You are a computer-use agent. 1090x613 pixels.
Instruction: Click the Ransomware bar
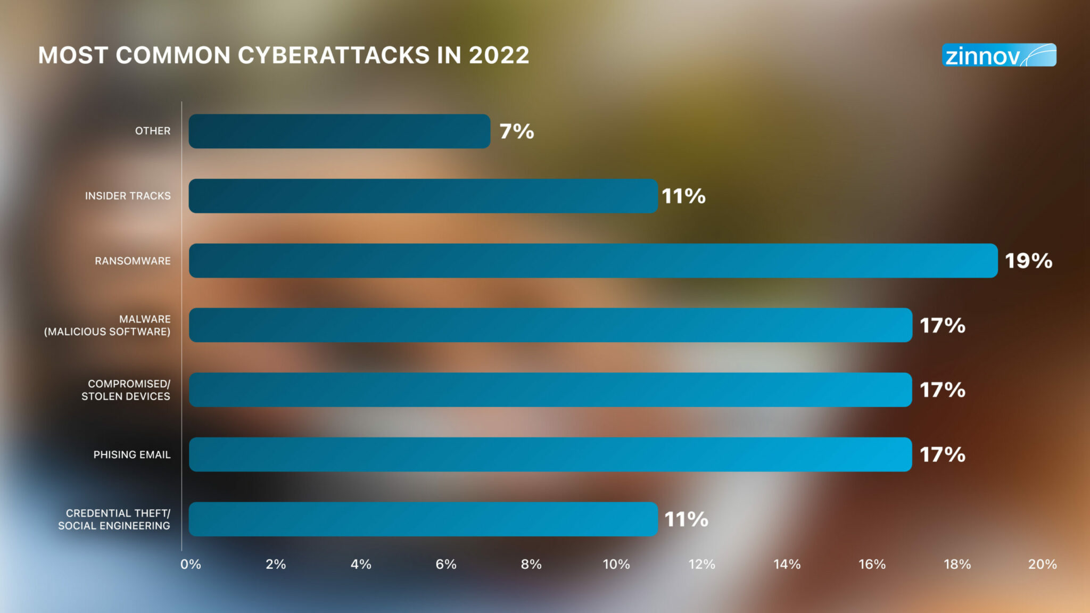point(593,261)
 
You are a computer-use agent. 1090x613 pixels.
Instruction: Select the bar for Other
point(339,131)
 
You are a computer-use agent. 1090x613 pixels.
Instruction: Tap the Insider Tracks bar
point(423,196)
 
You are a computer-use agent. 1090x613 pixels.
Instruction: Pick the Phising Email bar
point(550,454)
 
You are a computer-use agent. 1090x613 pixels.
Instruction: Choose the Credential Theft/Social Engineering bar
point(423,519)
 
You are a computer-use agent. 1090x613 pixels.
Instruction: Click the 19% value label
point(1028,261)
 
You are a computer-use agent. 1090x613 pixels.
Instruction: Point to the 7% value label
point(516,131)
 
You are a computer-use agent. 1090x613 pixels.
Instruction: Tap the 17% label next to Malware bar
point(942,325)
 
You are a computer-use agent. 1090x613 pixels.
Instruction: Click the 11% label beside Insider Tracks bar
point(683,196)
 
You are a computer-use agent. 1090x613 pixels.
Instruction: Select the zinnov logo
point(999,55)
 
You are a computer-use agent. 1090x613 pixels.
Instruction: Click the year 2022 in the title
point(499,55)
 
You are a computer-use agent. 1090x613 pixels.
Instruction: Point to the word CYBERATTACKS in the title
point(334,55)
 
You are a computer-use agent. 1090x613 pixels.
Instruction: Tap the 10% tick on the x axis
point(616,564)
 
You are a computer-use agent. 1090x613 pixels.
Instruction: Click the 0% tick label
point(191,564)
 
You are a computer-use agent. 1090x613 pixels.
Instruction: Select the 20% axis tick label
point(1042,564)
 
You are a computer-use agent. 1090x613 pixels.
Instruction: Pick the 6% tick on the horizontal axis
point(446,564)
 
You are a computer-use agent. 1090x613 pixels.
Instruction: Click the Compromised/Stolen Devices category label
point(126,390)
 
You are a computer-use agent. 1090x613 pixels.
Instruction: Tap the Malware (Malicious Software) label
point(108,325)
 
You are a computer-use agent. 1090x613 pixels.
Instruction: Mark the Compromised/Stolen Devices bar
point(550,390)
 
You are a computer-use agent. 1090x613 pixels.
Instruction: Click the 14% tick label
point(787,564)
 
